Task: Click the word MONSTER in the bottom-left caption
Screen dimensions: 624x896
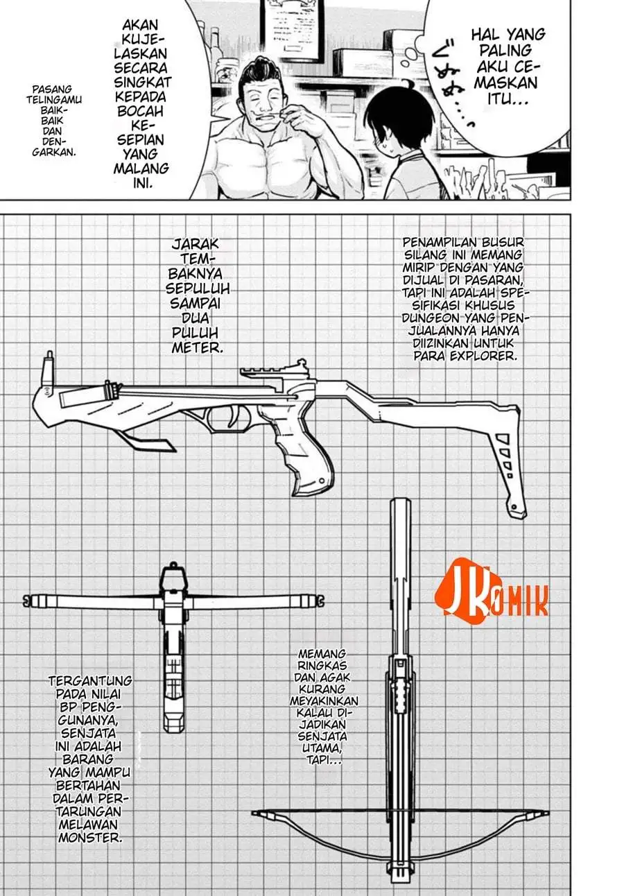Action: click(x=89, y=838)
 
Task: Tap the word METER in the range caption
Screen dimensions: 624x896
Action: click(x=197, y=347)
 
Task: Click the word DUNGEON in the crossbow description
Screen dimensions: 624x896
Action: click(x=428, y=318)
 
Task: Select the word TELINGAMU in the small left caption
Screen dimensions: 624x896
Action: click(x=54, y=100)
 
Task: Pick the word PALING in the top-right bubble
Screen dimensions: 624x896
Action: click(x=505, y=51)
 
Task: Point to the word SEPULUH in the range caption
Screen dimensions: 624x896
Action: click(x=198, y=288)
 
